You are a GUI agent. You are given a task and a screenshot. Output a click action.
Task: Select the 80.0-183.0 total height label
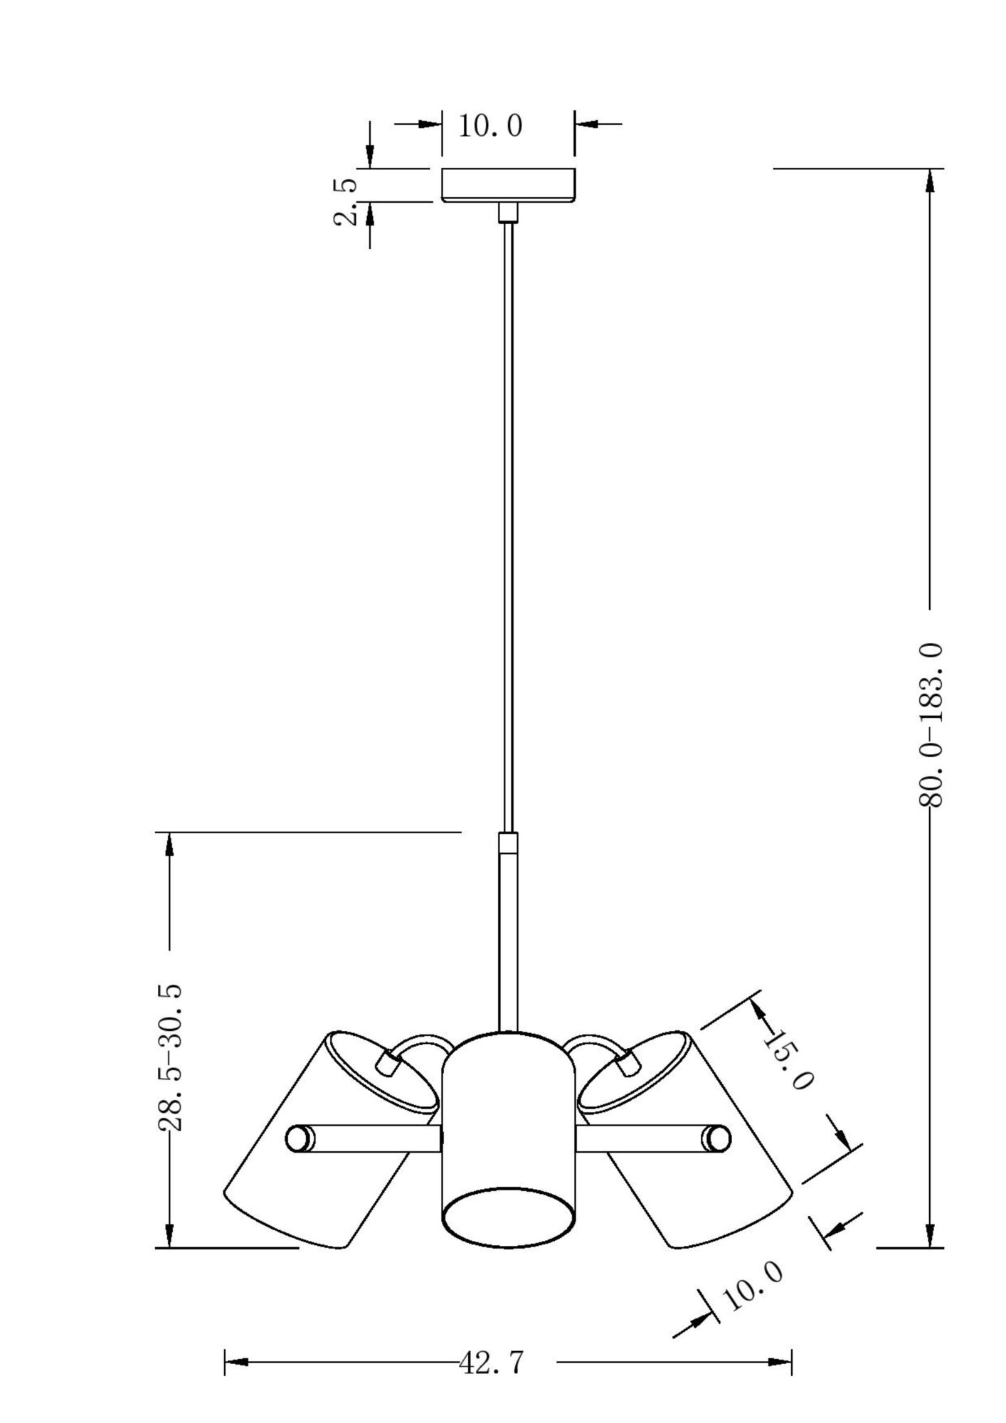(930, 724)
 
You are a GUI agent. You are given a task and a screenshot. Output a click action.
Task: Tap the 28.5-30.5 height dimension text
(169, 1057)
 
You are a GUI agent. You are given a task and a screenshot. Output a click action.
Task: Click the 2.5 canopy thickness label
(345, 202)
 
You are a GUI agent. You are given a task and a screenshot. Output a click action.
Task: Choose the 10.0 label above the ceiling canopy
(489, 127)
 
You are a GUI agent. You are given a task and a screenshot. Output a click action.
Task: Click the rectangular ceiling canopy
(508, 185)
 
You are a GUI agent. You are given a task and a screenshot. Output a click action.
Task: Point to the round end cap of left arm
(299, 1138)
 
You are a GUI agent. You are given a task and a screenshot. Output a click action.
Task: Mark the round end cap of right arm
(717, 1138)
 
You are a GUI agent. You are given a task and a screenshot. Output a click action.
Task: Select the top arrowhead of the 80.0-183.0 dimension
(930, 181)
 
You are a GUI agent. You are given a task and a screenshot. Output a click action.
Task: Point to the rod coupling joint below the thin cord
(508, 843)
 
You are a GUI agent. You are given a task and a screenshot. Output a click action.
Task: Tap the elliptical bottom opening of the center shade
(508, 1217)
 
